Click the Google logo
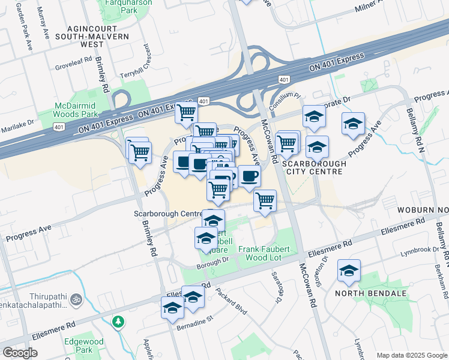point(20,353)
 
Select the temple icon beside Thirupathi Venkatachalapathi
point(75,298)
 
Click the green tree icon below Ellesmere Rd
point(119,322)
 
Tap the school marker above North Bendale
point(348,271)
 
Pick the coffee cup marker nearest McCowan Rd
point(249,176)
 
